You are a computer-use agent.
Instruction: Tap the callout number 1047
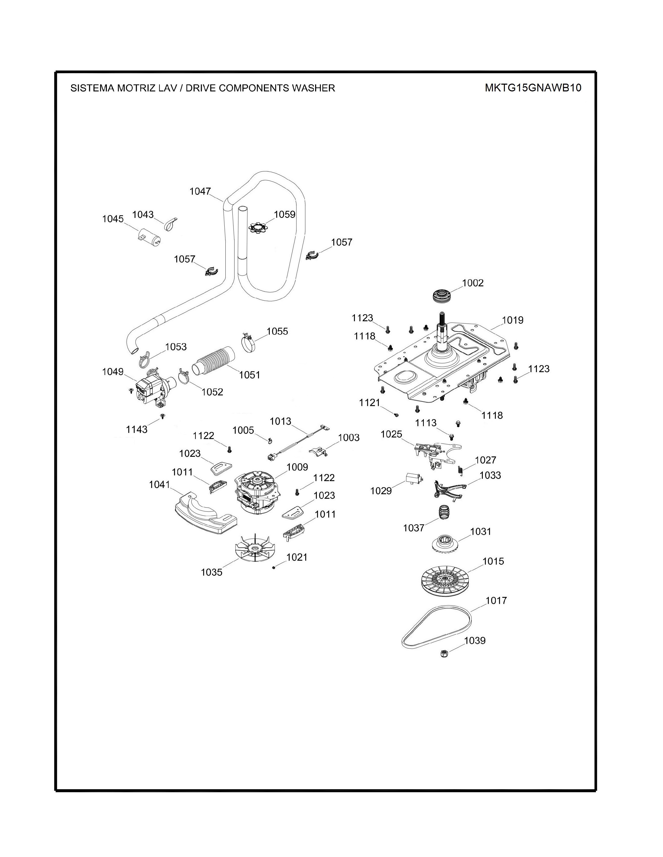click(x=200, y=191)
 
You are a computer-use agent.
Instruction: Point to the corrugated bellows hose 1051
click(x=214, y=360)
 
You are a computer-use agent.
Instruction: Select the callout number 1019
click(x=512, y=320)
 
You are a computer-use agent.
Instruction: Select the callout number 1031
click(x=481, y=531)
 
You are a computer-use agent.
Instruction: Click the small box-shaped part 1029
click(x=414, y=479)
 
